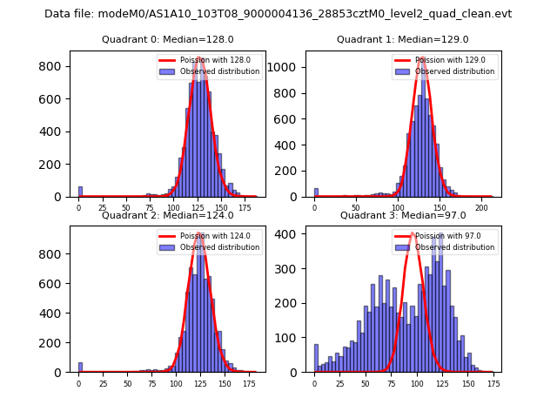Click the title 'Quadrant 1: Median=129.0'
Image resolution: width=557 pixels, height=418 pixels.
pos(402,39)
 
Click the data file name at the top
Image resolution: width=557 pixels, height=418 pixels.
pos(278,14)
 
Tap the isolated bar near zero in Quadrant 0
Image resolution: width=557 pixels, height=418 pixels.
pos(80,192)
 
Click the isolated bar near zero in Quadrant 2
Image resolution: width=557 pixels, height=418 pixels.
pos(80,367)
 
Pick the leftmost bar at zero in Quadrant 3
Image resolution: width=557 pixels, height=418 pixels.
pos(316,359)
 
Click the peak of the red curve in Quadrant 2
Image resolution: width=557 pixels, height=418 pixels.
pos(200,233)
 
